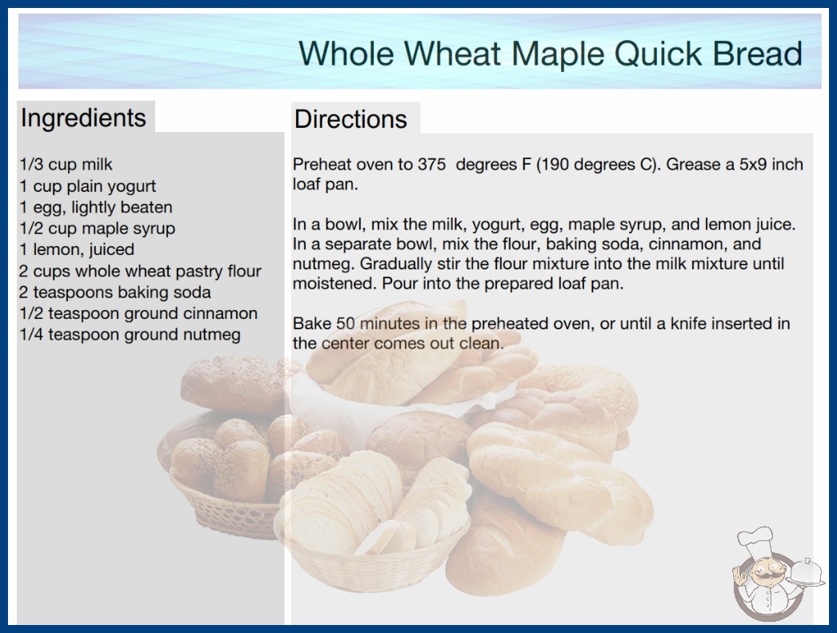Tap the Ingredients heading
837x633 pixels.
pyautogui.click(x=83, y=117)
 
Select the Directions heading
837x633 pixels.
pyautogui.click(x=350, y=119)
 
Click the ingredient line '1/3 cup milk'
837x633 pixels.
pyautogui.click(x=66, y=165)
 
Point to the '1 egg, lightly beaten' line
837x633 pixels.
pyautogui.click(x=95, y=208)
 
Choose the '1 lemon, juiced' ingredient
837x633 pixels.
pyautogui.click(x=76, y=249)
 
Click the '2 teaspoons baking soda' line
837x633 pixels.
pyautogui.click(x=114, y=293)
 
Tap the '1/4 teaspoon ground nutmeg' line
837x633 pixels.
pyautogui.click(x=130, y=335)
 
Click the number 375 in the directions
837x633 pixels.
pyautogui.click(x=431, y=165)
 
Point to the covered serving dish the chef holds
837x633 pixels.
pyautogui.click(x=807, y=573)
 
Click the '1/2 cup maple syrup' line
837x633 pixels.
pyautogui.click(x=97, y=229)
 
